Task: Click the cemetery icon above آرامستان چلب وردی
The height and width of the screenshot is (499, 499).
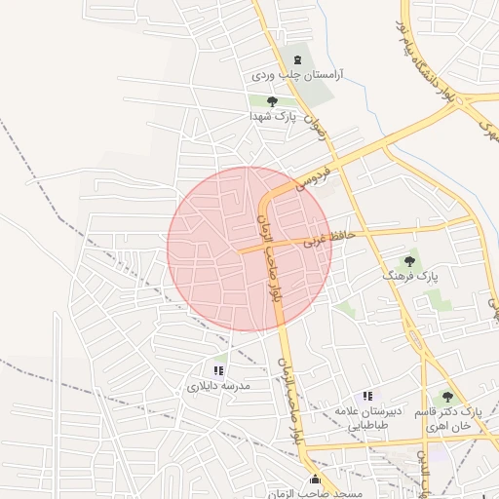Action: coord(297,59)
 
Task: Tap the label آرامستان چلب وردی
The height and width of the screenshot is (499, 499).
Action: coord(303,75)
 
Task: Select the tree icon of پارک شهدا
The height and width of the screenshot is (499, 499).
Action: coord(272,101)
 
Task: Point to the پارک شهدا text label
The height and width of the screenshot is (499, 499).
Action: coord(271,116)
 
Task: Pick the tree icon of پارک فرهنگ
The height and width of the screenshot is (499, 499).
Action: coord(409,261)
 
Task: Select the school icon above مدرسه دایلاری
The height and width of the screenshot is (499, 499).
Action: coord(218,370)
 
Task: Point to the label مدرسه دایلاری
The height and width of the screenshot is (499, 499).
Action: coord(219,386)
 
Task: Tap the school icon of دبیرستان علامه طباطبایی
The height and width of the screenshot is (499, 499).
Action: coord(367,396)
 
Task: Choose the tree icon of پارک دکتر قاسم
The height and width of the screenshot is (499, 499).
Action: coord(447,397)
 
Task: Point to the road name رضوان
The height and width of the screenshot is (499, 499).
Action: coord(313,126)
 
